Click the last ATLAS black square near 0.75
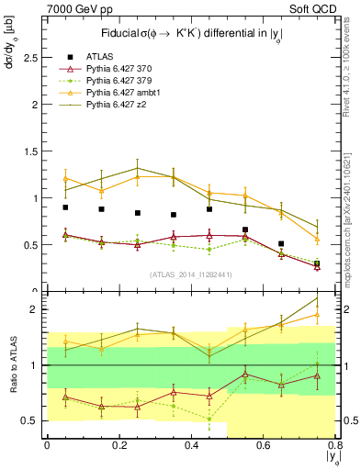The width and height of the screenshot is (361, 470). coord(317,263)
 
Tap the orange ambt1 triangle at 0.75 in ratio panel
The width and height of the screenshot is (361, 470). coord(317,315)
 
